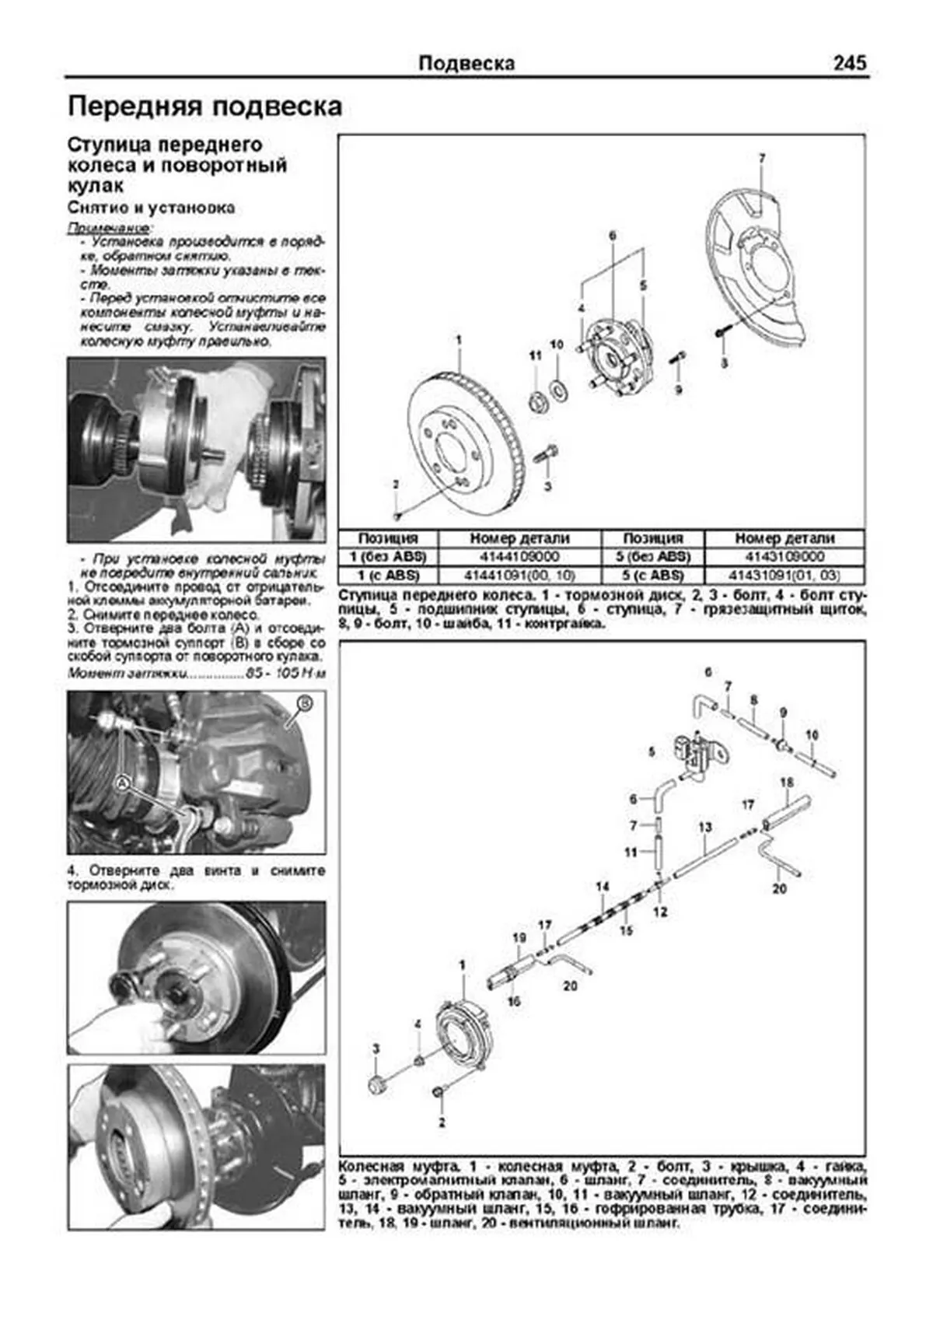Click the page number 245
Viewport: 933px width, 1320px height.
[x=849, y=63]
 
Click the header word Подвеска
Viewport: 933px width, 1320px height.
[x=466, y=64]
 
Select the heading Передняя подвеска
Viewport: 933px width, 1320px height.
[x=204, y=107]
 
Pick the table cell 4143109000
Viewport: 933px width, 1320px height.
[x=784, y=557]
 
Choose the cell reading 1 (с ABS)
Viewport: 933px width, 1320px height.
[x=388, y=576]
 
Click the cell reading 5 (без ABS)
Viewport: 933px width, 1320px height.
[x=653, y=557]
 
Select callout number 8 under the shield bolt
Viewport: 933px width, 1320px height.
[x=725, y=363]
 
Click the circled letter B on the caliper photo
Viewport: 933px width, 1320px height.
[x=306, y=704]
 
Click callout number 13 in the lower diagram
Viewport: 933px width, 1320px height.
[x=704, y=828]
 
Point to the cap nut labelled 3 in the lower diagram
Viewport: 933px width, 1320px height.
[x=374, y=1084]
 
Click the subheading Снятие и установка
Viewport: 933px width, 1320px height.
[x=151, y=208]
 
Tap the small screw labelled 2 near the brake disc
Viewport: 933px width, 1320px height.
[x=397, y=515]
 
